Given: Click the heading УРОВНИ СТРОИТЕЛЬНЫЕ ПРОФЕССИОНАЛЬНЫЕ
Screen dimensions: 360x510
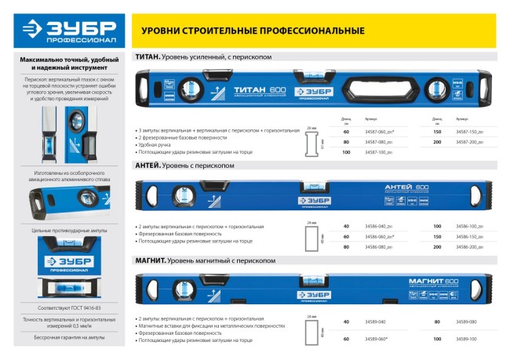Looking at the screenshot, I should point(252,31).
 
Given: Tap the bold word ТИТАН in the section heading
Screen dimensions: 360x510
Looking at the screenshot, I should point(148,57).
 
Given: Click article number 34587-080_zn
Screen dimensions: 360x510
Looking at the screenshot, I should point(380,143).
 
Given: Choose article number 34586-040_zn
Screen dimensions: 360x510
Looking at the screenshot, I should point(380,226).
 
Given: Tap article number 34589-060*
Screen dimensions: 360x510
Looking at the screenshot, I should point(377,338).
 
